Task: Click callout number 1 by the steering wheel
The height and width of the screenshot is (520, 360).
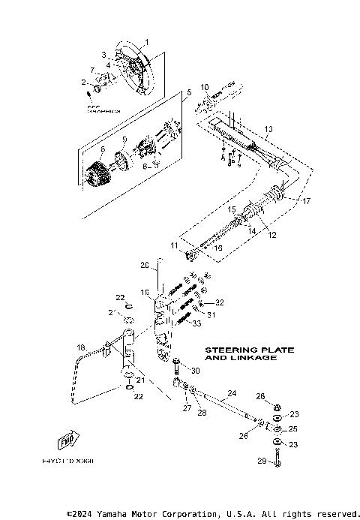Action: pyautogui.click(x=147, y=41)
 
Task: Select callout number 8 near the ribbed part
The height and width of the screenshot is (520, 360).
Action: pyautogui.click(x=103, y=149)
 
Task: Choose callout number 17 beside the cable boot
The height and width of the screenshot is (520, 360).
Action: pyautogui.click(x=306, y=200)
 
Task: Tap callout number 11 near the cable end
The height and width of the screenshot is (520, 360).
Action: pyautogui.click(x=173, y=245)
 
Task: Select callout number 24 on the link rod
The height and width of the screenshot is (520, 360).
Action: pyautogui.click(x=232, y=393)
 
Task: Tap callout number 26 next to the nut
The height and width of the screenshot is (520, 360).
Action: pyautogui.click(x=261, y=396)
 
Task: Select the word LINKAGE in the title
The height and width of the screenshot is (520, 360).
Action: pyautogui.click(x=254, y=359)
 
